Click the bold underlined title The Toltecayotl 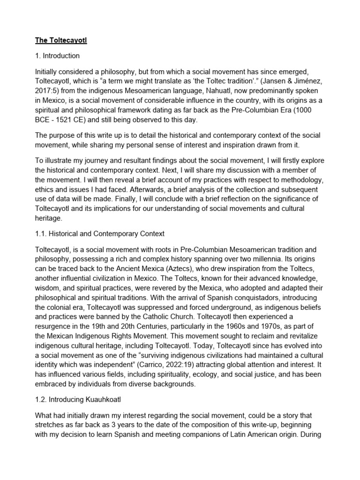(x=61, y=41)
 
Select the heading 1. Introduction (x=57, y=56)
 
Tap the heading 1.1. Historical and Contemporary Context (x=99, y=233)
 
